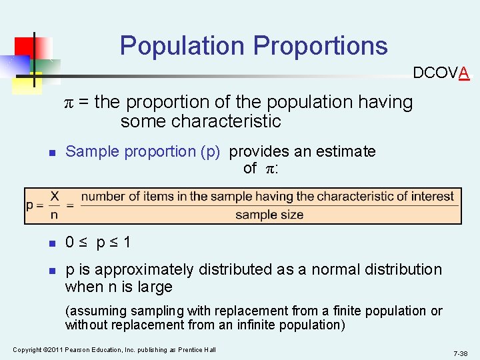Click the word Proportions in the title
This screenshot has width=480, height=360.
321,46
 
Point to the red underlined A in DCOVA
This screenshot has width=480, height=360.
464,73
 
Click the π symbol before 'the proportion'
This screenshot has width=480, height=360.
69,103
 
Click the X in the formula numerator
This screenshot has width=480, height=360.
55,196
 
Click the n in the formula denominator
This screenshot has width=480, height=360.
54,214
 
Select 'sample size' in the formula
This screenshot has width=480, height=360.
269,215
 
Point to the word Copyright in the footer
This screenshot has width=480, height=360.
27,350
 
